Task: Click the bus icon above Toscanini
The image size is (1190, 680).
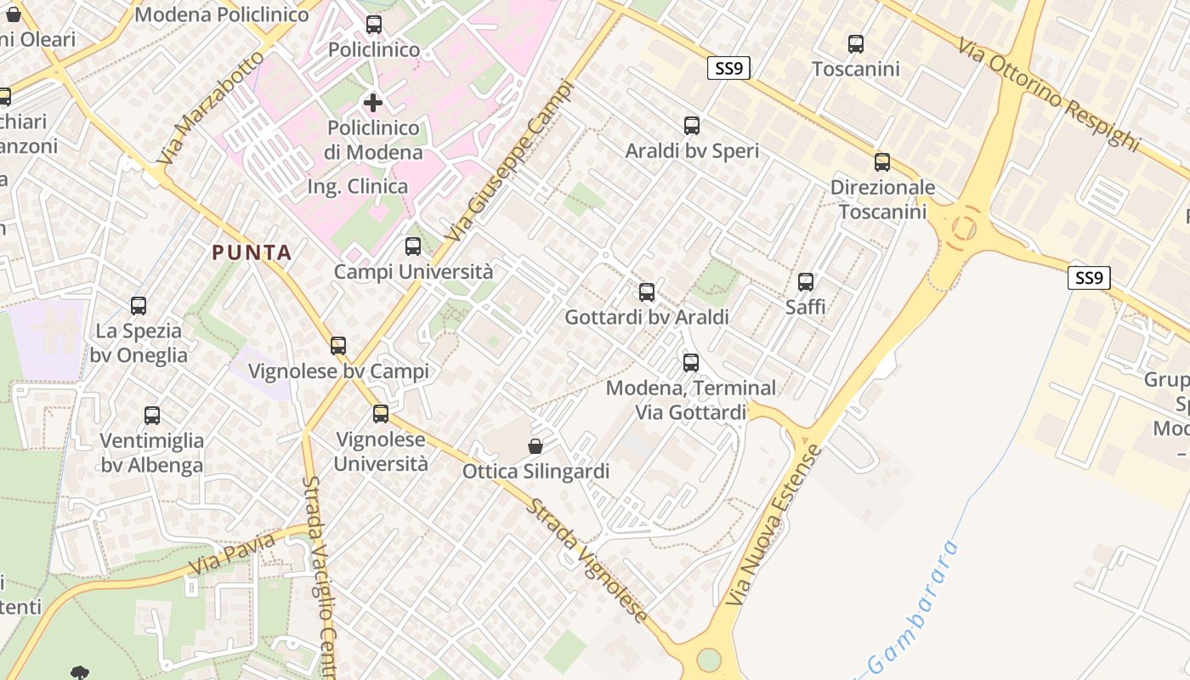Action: click(856, 43)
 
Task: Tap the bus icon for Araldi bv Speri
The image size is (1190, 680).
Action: click(692, 126)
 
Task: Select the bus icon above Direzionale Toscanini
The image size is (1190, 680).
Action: click(882, 162)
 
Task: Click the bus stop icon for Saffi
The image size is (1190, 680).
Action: click(806, 281)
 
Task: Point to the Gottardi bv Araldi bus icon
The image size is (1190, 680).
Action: click(647, 292)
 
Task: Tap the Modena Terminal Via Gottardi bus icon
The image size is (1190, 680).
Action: click(691, 363)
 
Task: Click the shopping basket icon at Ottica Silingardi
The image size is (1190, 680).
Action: click(535, 446)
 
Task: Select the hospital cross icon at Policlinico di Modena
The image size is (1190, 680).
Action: click(373, 104)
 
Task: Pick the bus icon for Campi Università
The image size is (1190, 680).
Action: click(413, 246)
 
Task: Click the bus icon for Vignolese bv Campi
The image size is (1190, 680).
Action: click(338, 346)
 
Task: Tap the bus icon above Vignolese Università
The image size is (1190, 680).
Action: click(381, 414)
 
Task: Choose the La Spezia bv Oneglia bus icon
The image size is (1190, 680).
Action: click(139, 306)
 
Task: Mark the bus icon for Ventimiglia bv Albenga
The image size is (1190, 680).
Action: click(152, 416)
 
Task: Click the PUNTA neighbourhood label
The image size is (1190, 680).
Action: click(252, 252)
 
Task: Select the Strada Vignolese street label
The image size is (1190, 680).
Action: click(587, 560)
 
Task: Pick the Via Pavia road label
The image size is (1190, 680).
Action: click(232, 553)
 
